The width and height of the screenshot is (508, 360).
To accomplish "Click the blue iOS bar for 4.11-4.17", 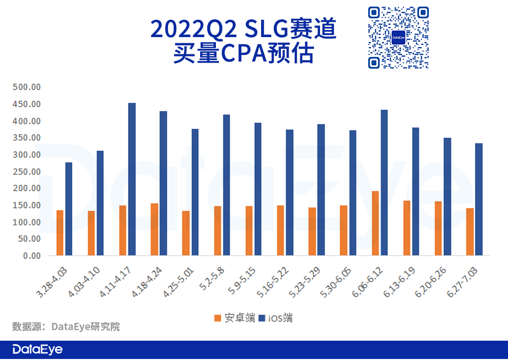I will coord(132,179).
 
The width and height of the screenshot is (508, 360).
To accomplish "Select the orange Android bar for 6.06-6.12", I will coord(375,223).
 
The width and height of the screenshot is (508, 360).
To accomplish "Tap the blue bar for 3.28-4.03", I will coord(69,208).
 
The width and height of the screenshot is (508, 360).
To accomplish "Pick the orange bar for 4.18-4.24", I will coord(154,229).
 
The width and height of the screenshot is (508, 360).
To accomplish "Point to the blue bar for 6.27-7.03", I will coord(479,199).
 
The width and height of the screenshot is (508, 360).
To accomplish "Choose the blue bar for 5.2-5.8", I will coord(227,185).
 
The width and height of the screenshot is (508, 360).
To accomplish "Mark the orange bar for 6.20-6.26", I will coord(438,228).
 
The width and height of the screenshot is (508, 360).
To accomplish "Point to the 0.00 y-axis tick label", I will coord(31,256).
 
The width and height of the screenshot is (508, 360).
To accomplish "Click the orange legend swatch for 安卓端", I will coord(217,318).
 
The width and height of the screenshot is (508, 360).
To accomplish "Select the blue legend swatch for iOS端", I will coord(262,318).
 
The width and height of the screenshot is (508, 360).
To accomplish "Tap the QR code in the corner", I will coord(398,38).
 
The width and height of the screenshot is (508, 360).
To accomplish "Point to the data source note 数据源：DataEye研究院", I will coord(66,326).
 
